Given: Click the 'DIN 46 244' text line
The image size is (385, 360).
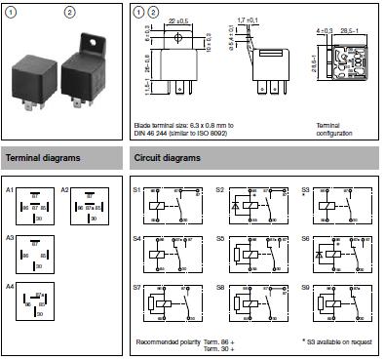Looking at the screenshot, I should click(x=158, y=133).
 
